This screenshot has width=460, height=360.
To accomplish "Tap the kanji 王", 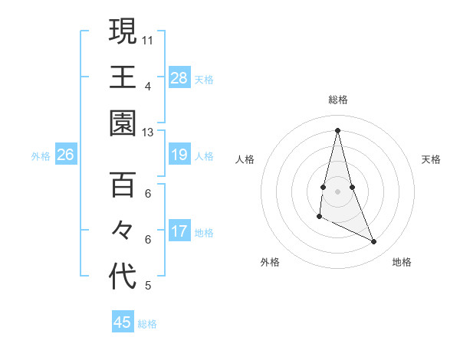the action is [x=123, y=77].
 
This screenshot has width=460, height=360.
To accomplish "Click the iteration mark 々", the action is [x=123, y=231].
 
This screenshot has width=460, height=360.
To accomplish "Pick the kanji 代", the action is [x=123, y=277].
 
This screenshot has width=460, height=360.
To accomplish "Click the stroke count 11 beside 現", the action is [x=148, y=38].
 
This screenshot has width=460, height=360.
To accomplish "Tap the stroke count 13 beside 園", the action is [x=148, y=133].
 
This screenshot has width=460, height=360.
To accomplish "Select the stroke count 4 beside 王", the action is [x=148, y=85].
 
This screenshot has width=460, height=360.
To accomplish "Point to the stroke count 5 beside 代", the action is [x=148, y=286].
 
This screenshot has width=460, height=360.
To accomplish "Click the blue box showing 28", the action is [x=179, y=77].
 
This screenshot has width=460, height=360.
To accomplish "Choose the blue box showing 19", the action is [x=179, y=155].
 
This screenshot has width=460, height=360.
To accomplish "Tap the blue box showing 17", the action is [x=179, y=231].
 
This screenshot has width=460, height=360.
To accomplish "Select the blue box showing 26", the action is [x=65, y=155].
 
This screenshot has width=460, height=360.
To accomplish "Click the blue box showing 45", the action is [x=123, y=322].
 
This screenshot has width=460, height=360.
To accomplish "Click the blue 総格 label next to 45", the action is [x=147, y=324].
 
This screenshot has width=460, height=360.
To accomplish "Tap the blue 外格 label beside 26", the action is [x=41, y=156].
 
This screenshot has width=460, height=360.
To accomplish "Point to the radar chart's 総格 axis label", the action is [x=337, y=100].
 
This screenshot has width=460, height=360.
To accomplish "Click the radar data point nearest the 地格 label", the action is [x=374, y=242].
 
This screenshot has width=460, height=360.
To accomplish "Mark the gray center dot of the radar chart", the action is [x=337, y=191].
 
